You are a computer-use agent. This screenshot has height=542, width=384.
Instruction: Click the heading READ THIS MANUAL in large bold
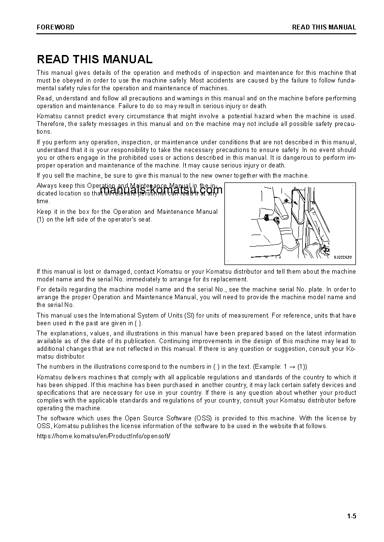coord(95,59)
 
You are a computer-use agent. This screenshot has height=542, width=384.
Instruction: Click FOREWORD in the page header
coord(56,27)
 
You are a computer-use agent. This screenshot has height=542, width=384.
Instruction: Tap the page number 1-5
coord(351,516)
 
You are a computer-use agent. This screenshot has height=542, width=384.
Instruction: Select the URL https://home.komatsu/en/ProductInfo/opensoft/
coord(103,436)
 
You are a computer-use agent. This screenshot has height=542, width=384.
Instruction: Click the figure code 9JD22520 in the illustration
coord(342,257)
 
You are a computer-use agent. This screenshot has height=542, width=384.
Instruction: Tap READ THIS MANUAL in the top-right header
coord(324,27)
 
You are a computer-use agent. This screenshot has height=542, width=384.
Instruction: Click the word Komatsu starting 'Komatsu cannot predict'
coord(50,116)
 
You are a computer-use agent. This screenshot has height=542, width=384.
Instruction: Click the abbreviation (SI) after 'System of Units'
coord(190,315)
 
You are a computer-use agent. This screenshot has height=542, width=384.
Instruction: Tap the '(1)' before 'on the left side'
coord(41,219)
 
